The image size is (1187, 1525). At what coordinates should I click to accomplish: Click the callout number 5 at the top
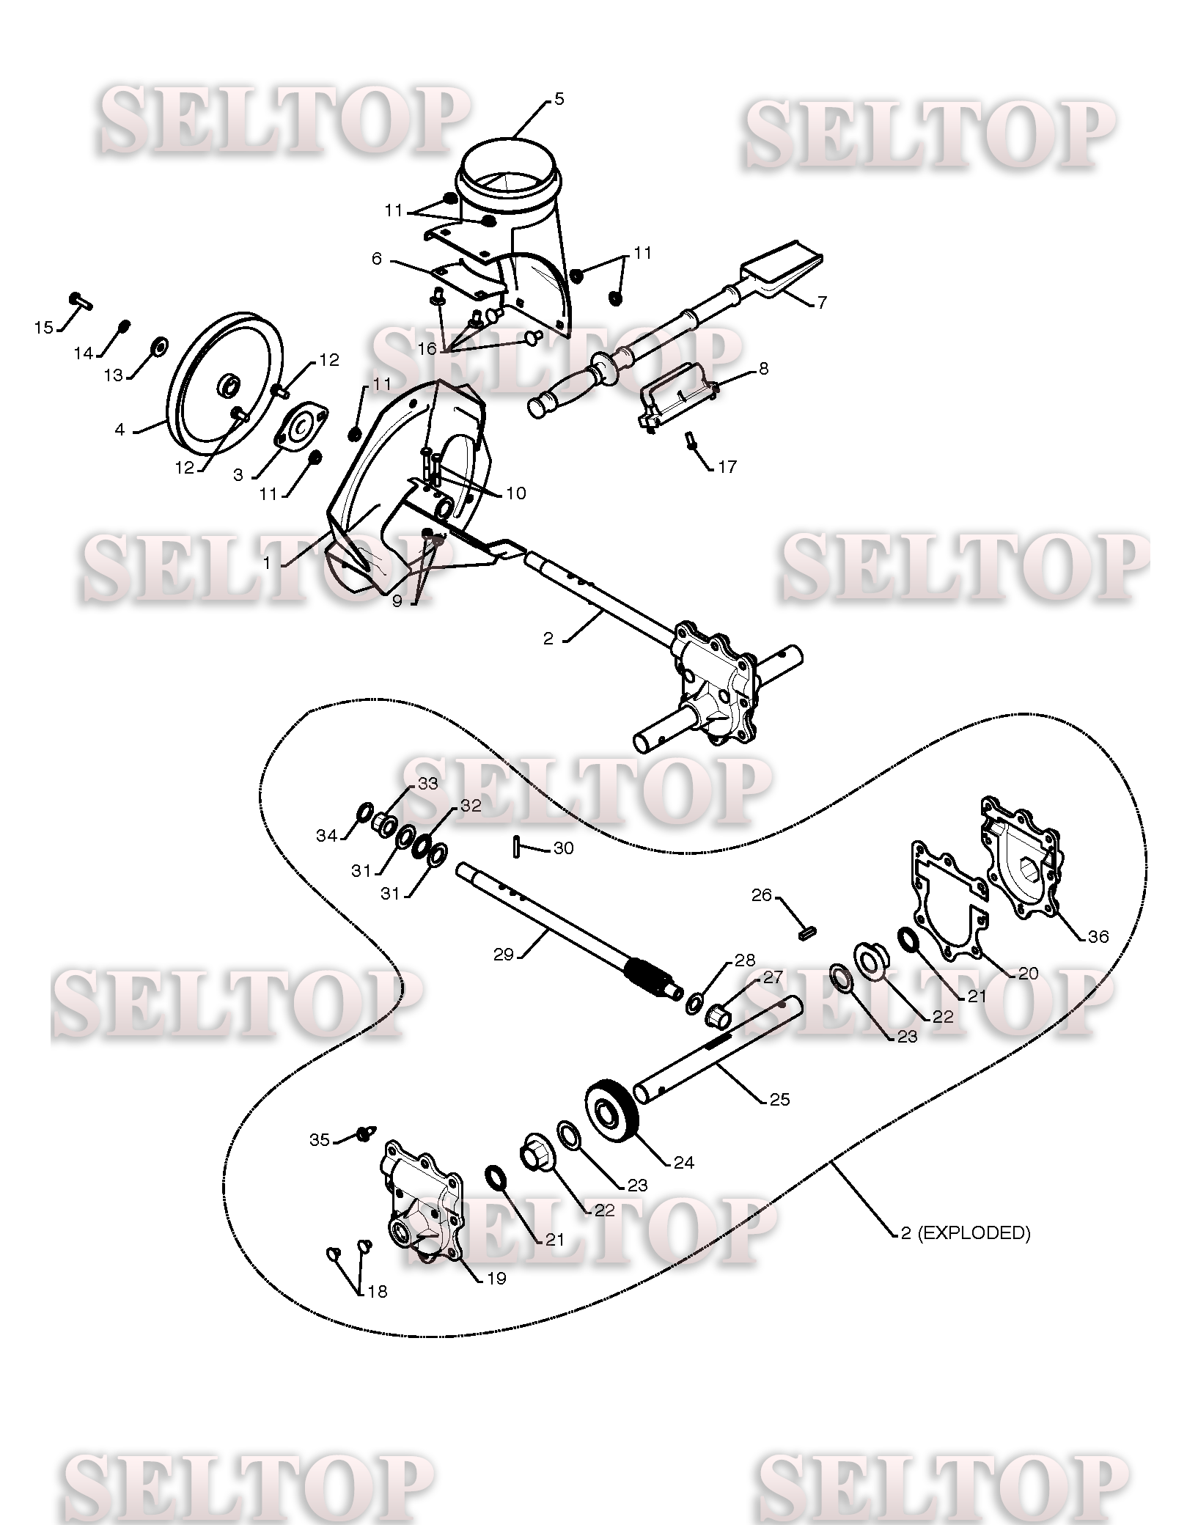point(559,99)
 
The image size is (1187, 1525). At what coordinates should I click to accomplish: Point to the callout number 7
point(821,302)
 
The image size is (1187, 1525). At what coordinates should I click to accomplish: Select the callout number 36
point(1098,936)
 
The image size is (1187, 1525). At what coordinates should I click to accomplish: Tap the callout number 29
point(503,955)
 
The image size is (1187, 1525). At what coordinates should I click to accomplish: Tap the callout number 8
point(763,368)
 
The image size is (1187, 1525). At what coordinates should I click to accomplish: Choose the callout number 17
point(727,466)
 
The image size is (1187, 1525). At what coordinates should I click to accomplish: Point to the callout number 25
point(779,1099)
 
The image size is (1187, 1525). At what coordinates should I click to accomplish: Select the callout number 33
point(427,784)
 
